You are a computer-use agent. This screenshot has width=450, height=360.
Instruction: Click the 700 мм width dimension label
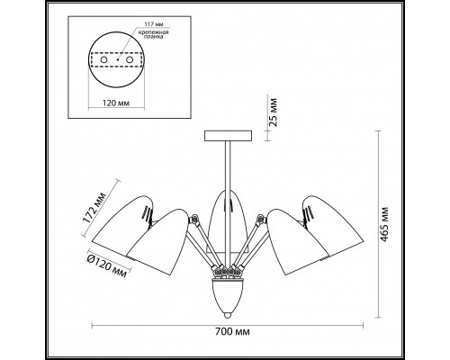point(232,332)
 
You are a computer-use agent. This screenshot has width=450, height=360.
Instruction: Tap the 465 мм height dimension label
point(383,224)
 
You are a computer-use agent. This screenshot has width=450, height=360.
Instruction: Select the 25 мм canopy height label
point(273,112)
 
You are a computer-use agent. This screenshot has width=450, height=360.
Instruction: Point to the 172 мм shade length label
point(94,207)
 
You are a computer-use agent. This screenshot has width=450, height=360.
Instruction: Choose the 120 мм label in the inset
point(116,103)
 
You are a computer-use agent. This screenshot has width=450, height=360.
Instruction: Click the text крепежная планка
point(153,34)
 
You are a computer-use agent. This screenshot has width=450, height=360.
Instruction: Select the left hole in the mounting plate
point(104,60)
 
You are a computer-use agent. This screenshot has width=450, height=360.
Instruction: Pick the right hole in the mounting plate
point(130,60)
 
